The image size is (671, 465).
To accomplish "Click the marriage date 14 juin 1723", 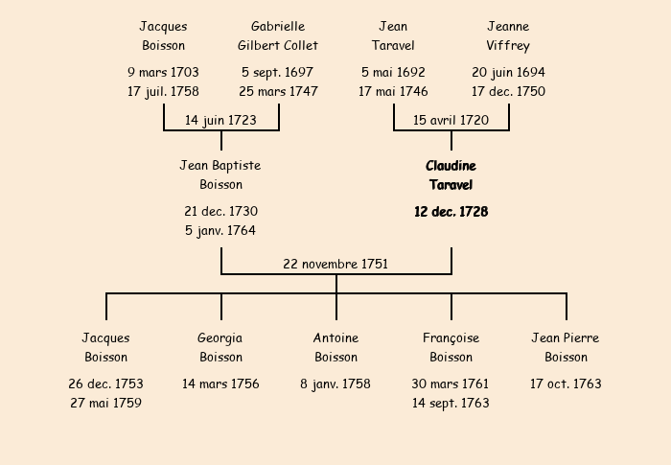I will point(220,120).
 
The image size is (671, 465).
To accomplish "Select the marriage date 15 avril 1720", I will point(451,120).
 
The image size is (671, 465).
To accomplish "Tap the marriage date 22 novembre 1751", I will point(335,264).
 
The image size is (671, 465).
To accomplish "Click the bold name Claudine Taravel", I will point(451,175).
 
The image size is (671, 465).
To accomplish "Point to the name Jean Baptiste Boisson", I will point(220,175).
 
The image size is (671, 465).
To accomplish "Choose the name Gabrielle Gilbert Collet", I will point(278,35).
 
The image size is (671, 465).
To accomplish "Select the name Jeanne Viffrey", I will point(508,35).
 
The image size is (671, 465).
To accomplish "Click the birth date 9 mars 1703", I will point(163,72).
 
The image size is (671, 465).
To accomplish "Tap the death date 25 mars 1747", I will point(278,92).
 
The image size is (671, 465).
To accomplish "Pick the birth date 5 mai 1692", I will point(393,72).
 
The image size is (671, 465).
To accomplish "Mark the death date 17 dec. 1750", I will point(508,92).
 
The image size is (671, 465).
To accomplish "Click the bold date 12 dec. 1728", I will point(451,212).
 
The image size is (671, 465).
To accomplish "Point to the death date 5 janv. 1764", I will point(220,230).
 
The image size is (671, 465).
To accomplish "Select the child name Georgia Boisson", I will point(220,347).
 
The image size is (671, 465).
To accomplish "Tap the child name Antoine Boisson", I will point(335,347).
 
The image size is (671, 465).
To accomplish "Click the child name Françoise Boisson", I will point(451,347).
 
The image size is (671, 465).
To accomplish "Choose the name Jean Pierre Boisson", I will point(566,347).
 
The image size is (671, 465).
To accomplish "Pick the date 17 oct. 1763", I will point(566,384).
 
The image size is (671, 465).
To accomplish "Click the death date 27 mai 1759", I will point(105,403).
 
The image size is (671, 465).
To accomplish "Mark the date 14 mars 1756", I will point(220,384).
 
